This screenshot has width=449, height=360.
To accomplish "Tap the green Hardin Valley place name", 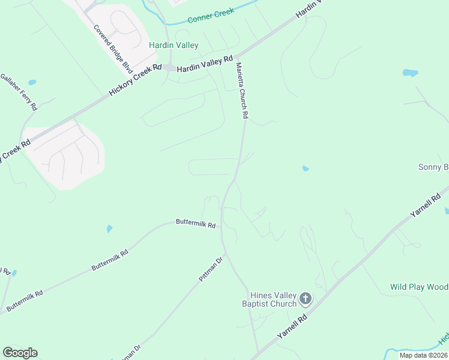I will point(173,46).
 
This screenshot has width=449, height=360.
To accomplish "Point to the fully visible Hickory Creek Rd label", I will point(136,80).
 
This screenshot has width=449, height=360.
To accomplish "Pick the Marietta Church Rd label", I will point(242,91).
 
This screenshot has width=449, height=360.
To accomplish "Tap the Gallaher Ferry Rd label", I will point(19,92).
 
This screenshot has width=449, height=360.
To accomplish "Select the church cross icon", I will point(306,298).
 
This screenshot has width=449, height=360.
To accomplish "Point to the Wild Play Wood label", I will point(419,287).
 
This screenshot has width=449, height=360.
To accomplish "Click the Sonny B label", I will point(433,167).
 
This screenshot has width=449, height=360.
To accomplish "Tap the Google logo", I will point(20,353).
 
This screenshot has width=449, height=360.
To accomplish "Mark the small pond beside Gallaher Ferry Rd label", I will point(32,82).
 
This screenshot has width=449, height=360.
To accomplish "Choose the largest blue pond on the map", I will point(411,73).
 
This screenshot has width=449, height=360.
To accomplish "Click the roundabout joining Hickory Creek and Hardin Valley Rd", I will point(170,68).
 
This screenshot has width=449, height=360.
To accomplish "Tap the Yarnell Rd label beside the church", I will point(292,328).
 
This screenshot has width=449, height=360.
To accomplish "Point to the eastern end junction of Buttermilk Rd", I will point(221,227).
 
